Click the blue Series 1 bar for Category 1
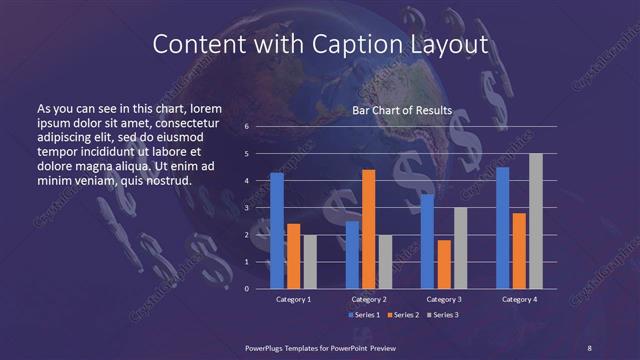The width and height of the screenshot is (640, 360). pos(277,231)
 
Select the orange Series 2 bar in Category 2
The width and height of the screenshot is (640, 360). pos(368,229)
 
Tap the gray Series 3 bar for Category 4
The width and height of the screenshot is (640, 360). pos(535,221)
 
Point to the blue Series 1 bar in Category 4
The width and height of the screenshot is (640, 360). pos(502,228)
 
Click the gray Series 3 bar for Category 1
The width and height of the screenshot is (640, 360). pos(309,262)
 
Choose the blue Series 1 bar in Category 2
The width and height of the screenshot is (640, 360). pos(352,255)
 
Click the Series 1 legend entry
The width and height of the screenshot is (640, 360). pos(363,315)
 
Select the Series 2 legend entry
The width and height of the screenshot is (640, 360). pos(400,315)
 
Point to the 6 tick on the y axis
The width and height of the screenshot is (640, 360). pos(247,127)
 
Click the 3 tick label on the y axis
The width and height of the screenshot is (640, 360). pos(247,208)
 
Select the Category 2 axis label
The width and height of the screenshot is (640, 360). pos(369,299)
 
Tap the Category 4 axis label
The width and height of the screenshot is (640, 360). pos(519,299)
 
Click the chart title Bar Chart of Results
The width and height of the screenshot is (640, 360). pos(403,110)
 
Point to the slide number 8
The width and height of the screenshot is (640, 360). pos(590,346)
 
